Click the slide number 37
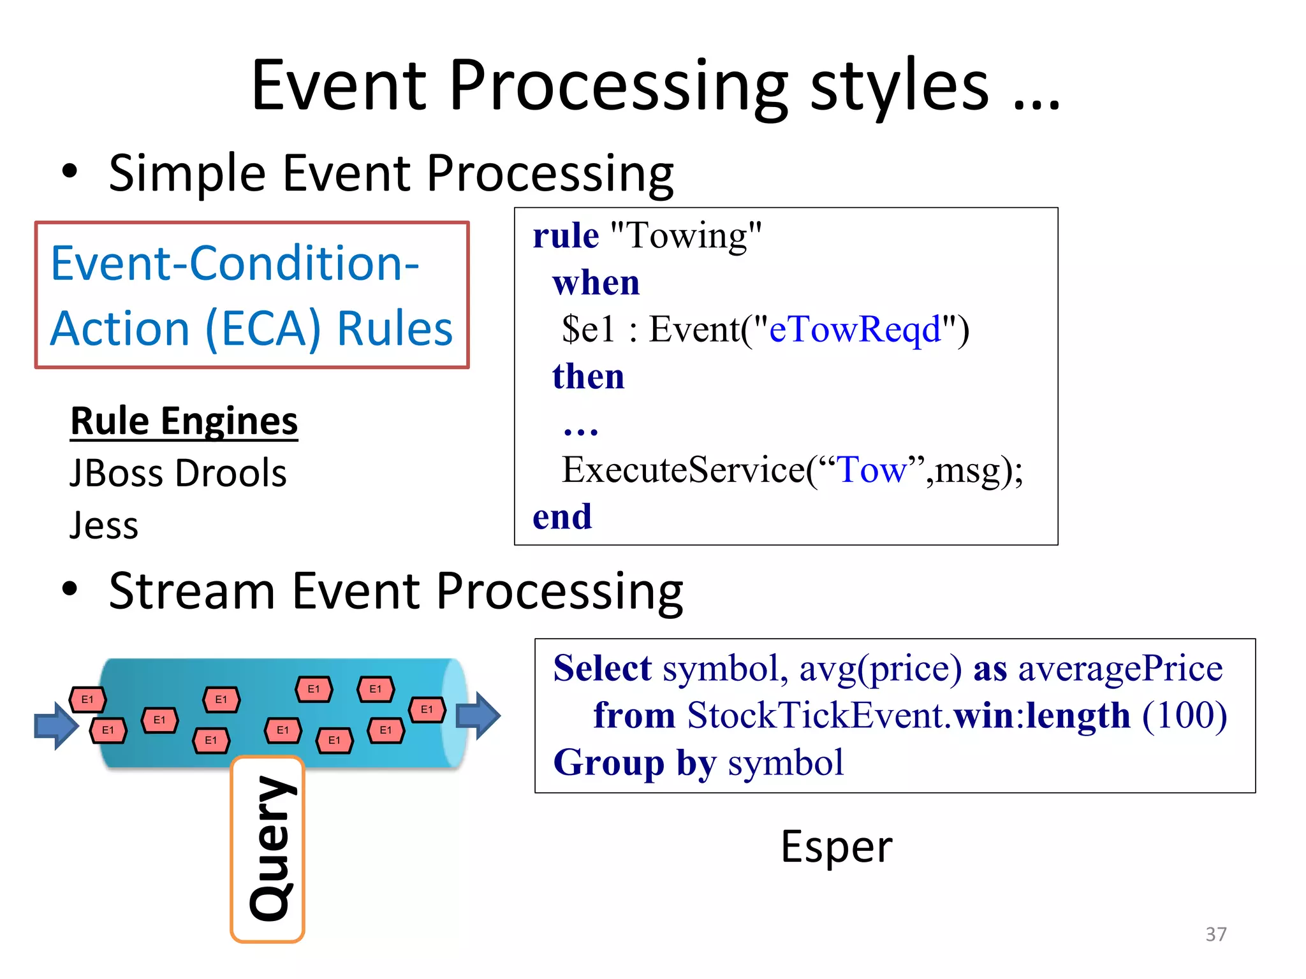point(1215,934)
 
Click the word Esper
point(836,848)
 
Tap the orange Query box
point(268,850)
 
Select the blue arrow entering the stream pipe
point(56,725)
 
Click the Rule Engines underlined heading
point(184,421)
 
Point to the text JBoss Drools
point(178,474)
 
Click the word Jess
point(104,526)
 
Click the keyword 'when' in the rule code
point(596,282)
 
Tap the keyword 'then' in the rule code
point(588,376)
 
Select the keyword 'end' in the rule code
point(562,516)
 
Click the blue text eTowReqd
point(855,330)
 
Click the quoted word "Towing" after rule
point(686,236)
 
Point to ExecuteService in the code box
point(682,470)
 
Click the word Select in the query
point(602,669)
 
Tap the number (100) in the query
point(1184,715)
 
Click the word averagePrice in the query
point(1120,669)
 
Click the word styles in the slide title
point(899,86)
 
